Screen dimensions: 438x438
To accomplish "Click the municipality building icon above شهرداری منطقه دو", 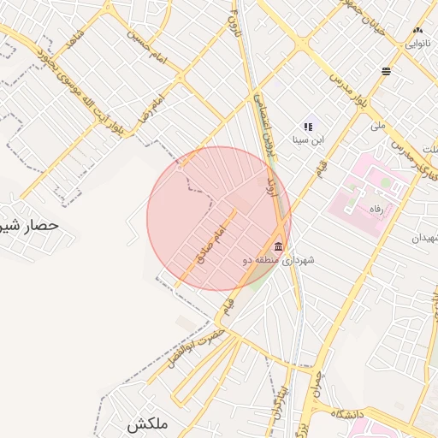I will [x=279, y=246].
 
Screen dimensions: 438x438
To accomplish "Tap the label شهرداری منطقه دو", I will [x=279, y=261].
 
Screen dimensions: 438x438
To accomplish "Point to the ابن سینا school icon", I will [x=307, y=127].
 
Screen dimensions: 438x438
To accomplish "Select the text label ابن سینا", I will [x=307, y=139].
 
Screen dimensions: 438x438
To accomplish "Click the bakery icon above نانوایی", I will [x=417, y=31].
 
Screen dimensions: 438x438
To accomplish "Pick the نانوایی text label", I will [x=417, y=43].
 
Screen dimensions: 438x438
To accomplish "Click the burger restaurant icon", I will [x=387, y=71].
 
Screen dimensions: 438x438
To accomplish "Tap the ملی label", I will [x=378, y=126].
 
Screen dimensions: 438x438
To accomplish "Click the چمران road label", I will [x=318, y=390].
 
